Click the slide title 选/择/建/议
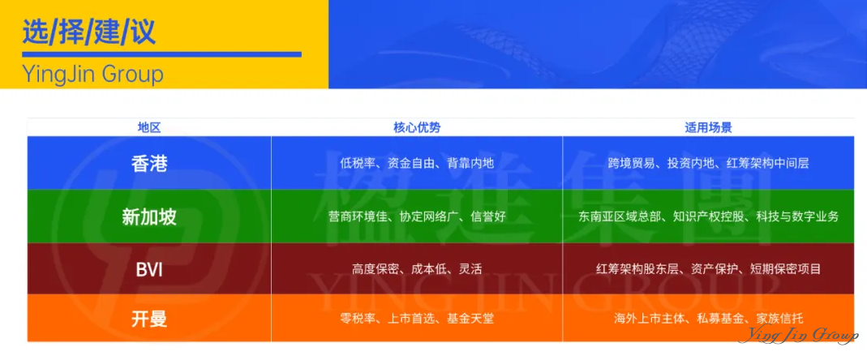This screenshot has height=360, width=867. point(88,32)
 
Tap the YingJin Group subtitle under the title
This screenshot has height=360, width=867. point(92,75)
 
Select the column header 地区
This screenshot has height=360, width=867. point(149,127)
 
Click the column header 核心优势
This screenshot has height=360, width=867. point(417,127)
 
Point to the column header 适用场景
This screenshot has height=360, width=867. point(708,127)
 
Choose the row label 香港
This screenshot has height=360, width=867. point(149,163)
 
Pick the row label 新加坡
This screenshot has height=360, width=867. point(149,216)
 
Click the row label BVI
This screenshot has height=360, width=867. point(149,269)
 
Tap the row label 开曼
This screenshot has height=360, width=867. point(149,319)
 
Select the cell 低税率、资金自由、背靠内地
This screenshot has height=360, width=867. point(417,163)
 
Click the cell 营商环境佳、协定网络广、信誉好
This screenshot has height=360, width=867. point(417,216)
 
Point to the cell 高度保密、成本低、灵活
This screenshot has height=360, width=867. point(417,269)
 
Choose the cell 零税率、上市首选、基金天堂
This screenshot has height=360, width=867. point(417,319)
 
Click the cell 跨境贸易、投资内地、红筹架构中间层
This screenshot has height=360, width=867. point(708,163)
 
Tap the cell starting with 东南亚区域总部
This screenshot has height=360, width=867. point(708,216)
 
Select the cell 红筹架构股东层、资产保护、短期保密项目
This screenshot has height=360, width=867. point(708,269)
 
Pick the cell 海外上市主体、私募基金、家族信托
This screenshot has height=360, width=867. point(708,319)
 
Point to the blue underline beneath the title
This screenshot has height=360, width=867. point(161,54)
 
